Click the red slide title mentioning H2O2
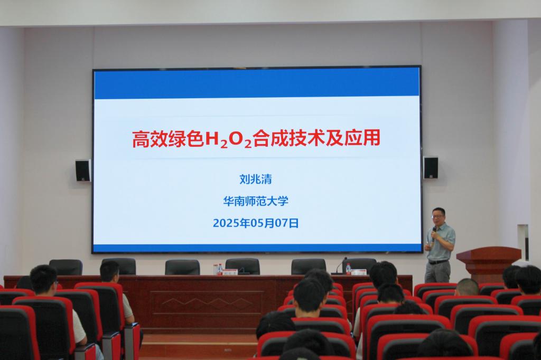click(256, 139)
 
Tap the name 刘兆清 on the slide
click(256, 179)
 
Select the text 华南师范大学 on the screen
click(256, 201)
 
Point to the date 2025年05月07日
click(256, 223)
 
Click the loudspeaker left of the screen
click(83, 170)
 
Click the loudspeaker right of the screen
click(431, 167)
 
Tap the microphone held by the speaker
click(434, 234)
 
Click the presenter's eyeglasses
click(437, 216)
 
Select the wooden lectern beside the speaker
click(488, 264)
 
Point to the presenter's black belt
click(438, 262)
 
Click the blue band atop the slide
click(256, 84)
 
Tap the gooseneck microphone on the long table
click(340, 266)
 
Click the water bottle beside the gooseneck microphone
click(348, 269)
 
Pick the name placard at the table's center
click(230, 272)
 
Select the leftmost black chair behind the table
click(66, 267)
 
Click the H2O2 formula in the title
click(228, 139)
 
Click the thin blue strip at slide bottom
click(257, 248)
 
